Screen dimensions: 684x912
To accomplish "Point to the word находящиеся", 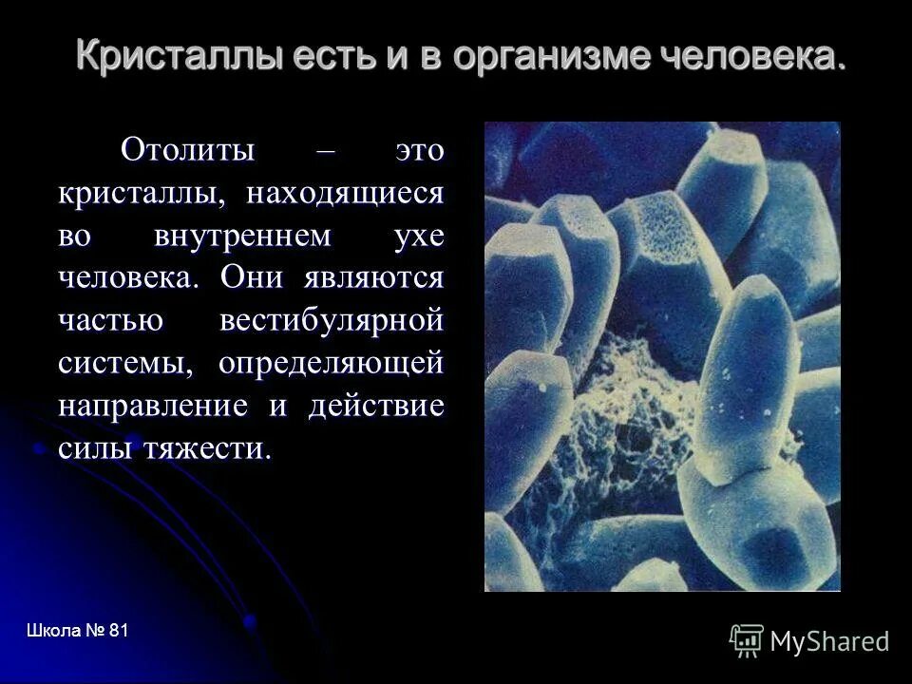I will [x=346, y=193].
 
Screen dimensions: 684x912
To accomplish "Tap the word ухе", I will [x=419, y=237].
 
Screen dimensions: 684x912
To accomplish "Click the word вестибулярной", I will [x=332, y=320].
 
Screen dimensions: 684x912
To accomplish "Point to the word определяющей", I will [x=332, y=363].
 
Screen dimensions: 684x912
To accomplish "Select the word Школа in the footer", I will [x=53, y=631].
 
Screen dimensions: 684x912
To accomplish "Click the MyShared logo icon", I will [x=747, y=640].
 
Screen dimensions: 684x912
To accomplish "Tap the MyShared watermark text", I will [x=829, y=641].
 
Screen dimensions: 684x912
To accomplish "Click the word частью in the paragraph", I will [x=112, y=320].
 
